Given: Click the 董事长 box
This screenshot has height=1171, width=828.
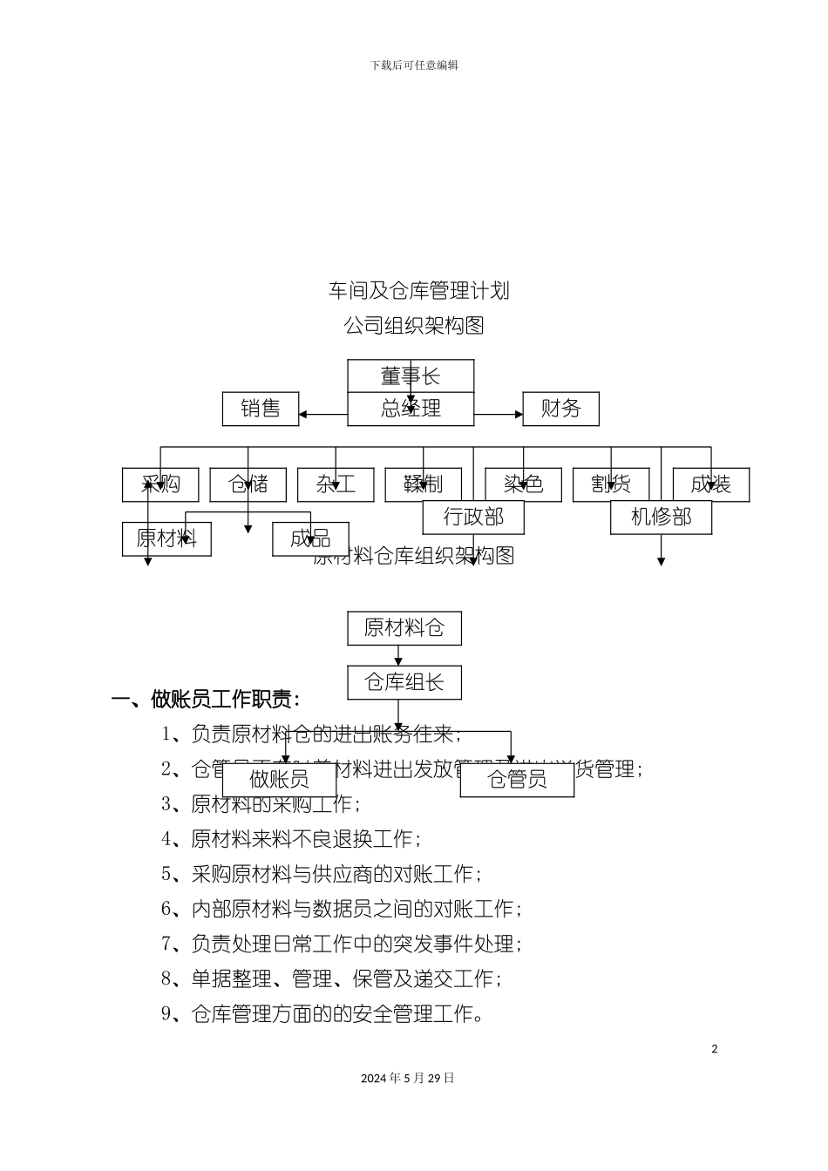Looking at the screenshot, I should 411,376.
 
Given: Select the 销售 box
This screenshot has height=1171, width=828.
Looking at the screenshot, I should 261,409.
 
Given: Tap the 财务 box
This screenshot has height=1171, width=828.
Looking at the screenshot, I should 560,409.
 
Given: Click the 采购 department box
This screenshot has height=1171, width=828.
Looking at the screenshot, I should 160,484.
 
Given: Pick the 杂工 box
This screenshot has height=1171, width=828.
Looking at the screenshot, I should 336,484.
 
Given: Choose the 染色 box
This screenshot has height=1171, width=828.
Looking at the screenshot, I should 523,484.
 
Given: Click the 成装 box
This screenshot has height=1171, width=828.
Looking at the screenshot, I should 710,484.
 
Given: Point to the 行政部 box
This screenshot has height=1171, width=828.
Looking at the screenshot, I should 473,518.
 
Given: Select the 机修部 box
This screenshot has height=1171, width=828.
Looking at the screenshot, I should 661,518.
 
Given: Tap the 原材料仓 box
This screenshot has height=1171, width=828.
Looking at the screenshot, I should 404,628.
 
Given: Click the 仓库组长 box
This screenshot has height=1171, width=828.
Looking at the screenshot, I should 404,682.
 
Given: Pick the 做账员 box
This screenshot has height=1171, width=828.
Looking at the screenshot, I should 279,779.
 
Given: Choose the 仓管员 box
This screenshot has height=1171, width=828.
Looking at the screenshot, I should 517,779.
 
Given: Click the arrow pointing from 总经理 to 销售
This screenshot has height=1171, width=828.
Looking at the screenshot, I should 322,415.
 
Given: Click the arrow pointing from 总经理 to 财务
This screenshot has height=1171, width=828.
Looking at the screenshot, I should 499,415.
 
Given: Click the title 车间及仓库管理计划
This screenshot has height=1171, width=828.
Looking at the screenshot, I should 418,290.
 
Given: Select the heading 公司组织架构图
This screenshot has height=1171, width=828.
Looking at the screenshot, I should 414,325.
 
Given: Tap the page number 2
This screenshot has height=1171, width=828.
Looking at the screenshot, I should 715,1049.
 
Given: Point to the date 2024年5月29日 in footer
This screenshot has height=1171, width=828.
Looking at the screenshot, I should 408,1078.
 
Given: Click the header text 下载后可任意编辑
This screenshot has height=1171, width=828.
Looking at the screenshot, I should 414,65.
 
